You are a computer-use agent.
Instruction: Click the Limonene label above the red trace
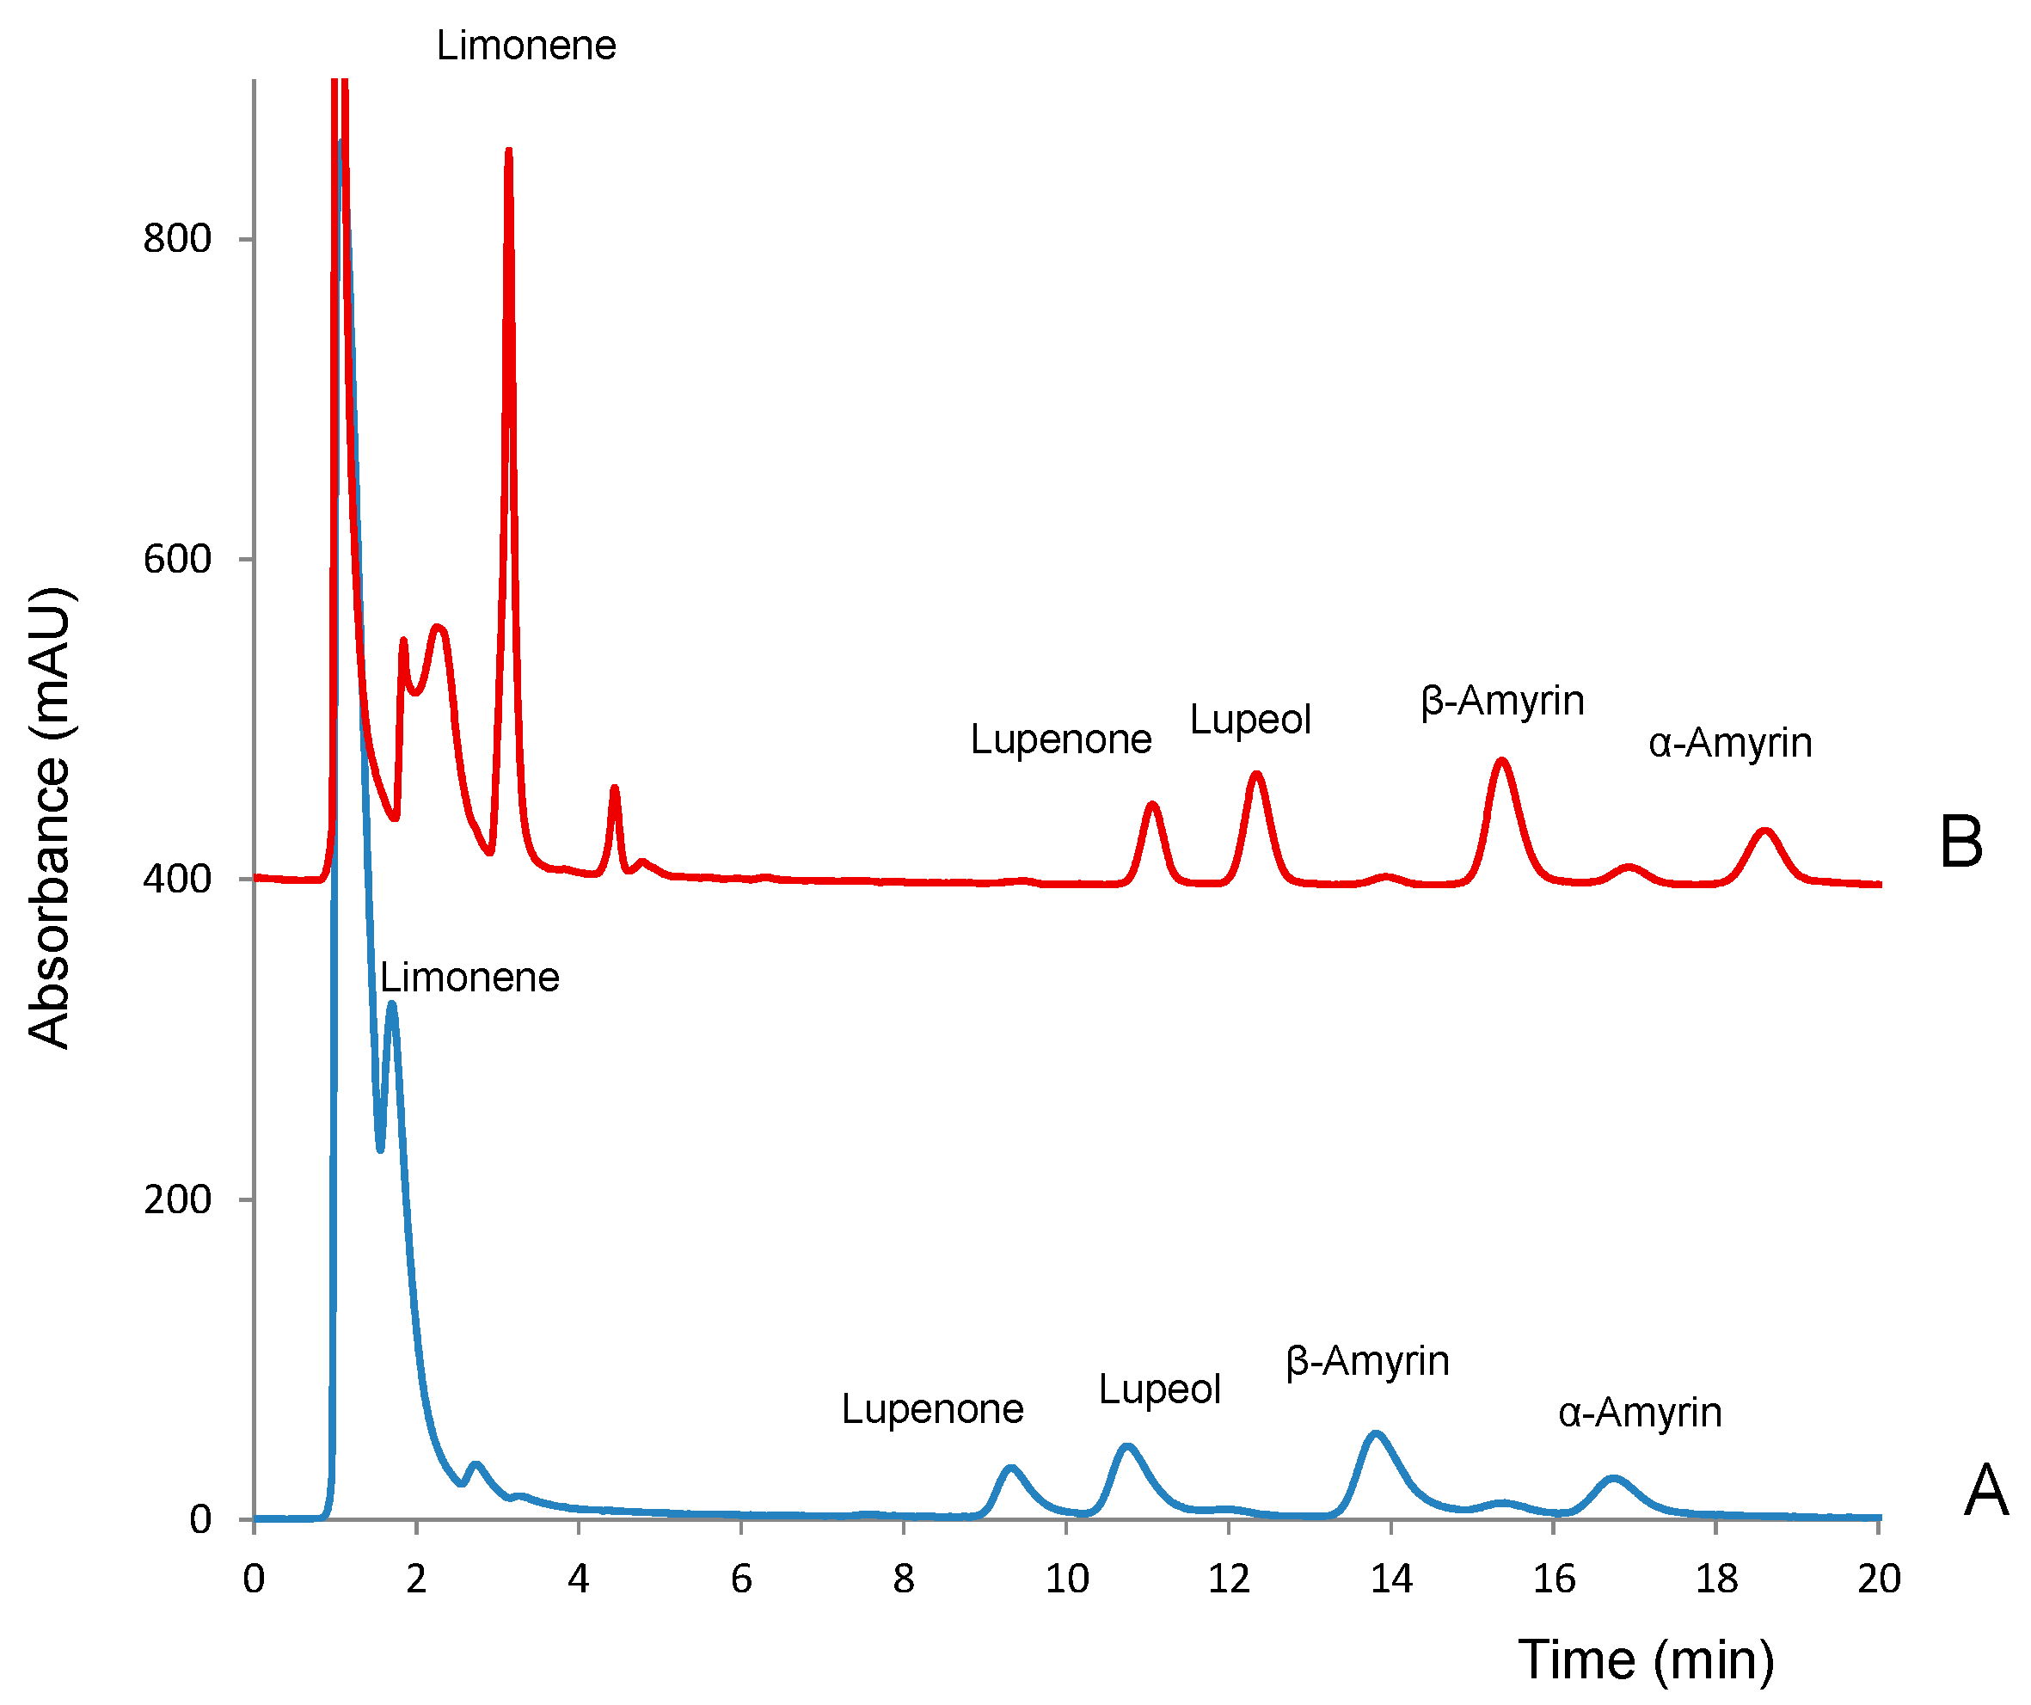525,46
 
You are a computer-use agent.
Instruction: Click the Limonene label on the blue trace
469,978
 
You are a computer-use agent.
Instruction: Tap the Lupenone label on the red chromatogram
1061,739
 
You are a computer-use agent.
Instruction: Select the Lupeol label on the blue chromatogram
1160,1389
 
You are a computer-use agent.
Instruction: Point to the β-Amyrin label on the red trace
1503,700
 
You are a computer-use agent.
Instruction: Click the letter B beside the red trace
1961,842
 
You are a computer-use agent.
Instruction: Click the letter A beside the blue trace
1985,1490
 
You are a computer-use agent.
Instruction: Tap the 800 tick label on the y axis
177,238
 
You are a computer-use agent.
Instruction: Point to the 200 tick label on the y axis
177,1199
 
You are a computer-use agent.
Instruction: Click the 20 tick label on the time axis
1879,1579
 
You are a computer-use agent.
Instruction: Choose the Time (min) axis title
1646,1659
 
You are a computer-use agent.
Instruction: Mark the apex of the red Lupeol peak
1255,773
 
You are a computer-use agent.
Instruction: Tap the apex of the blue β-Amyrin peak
1375,1433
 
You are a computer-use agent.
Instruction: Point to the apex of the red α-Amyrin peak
1765,830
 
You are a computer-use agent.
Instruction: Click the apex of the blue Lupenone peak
1010,1467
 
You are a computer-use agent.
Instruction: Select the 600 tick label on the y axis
177,559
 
